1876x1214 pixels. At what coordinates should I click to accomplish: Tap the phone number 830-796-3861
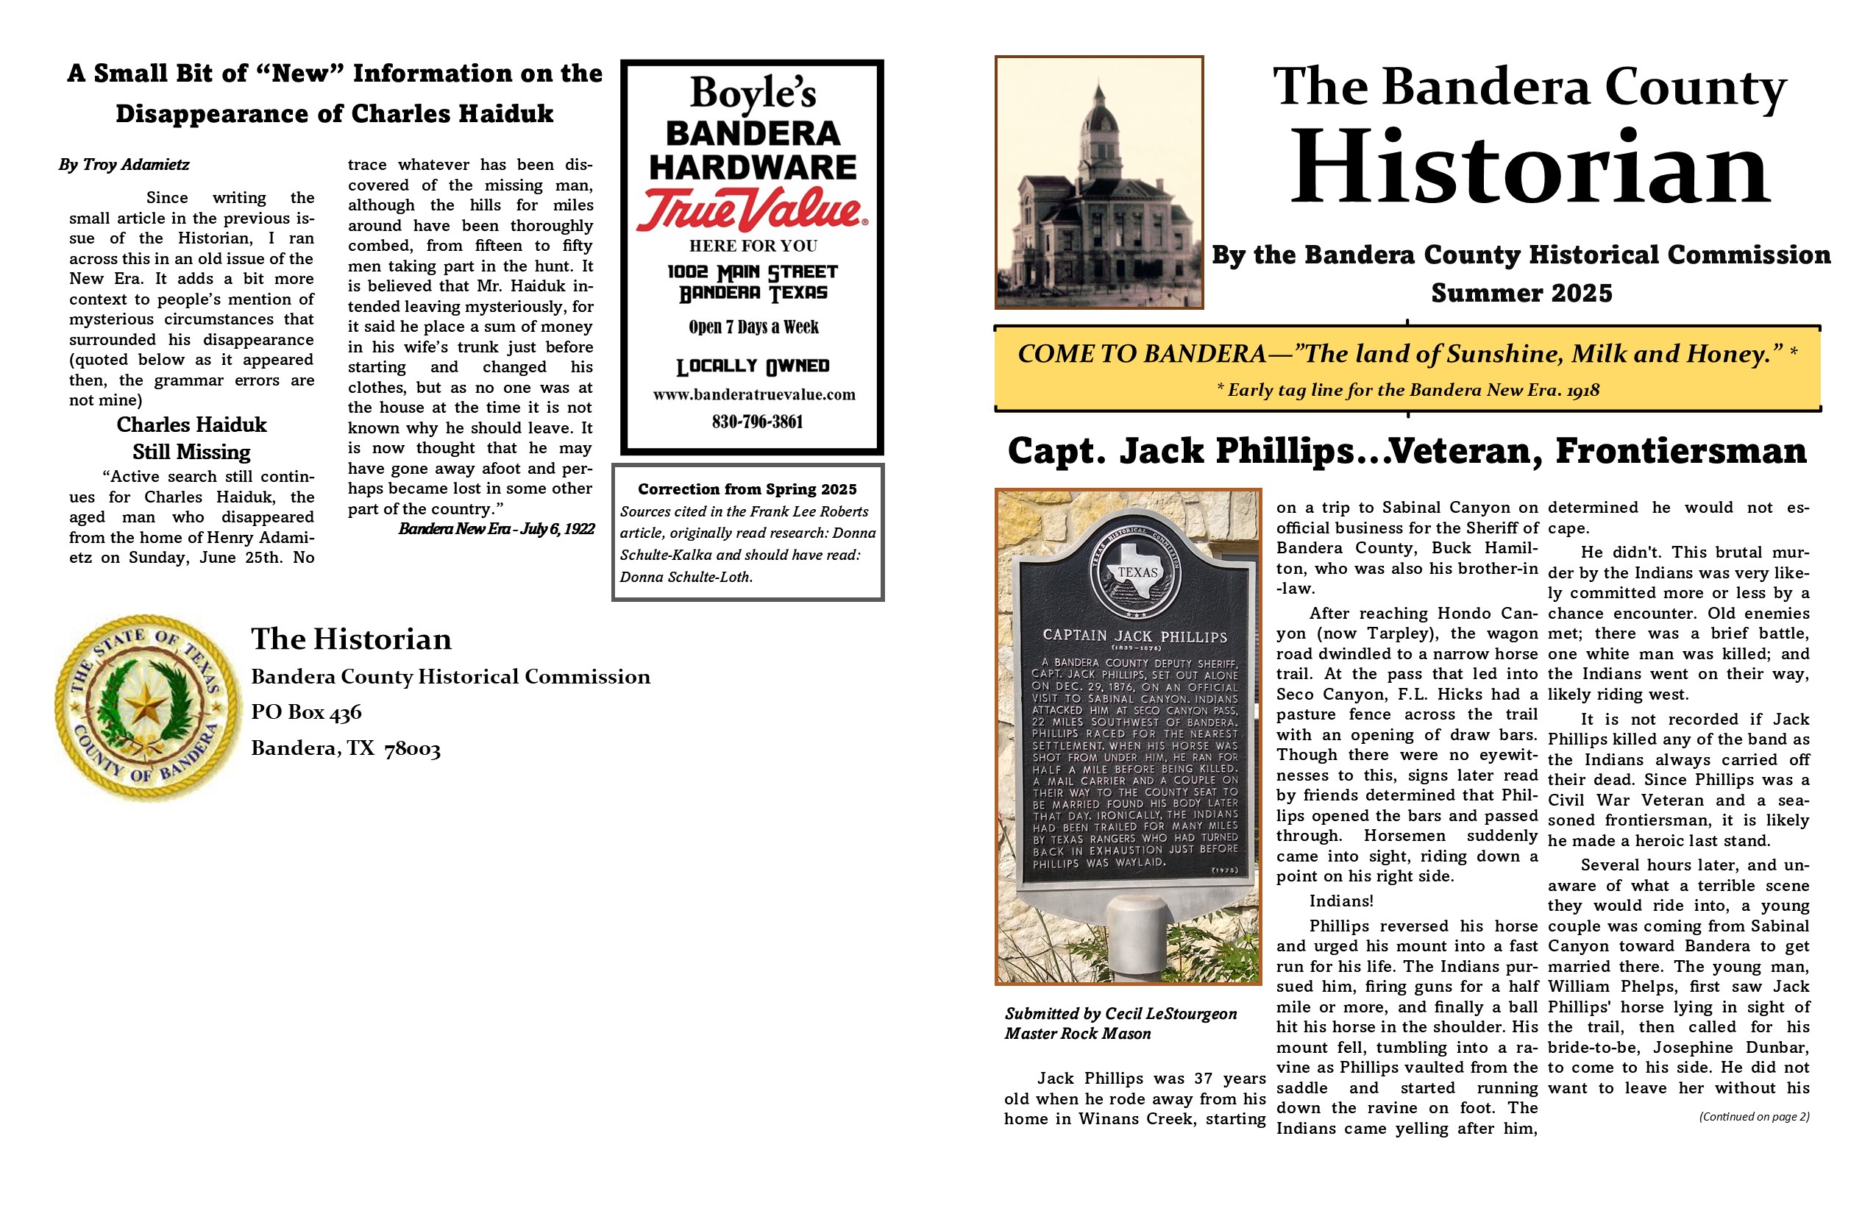pos(757,422)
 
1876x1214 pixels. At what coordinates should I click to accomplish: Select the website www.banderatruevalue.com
pos(753,394)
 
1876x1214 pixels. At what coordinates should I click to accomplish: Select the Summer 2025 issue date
pos(1521,294)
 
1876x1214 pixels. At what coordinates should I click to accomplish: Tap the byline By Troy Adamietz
pos(124,165)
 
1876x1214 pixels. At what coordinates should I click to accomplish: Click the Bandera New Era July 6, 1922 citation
pos(496,529)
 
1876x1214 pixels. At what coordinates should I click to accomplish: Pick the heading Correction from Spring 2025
pos(747,489)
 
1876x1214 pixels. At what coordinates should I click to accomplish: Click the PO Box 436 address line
pos(306,712)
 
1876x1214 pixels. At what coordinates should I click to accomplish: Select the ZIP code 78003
pos(411,748)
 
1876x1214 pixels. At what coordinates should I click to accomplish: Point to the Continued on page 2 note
pos(1753,1116)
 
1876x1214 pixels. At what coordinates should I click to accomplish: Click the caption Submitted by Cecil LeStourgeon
pos(1120,1014)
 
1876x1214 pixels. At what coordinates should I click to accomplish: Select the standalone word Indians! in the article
pos(1340,901)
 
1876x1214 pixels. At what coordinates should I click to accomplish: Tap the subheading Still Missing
pos(191,452)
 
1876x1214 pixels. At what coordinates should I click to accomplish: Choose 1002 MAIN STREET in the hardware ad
pos(752,272)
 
